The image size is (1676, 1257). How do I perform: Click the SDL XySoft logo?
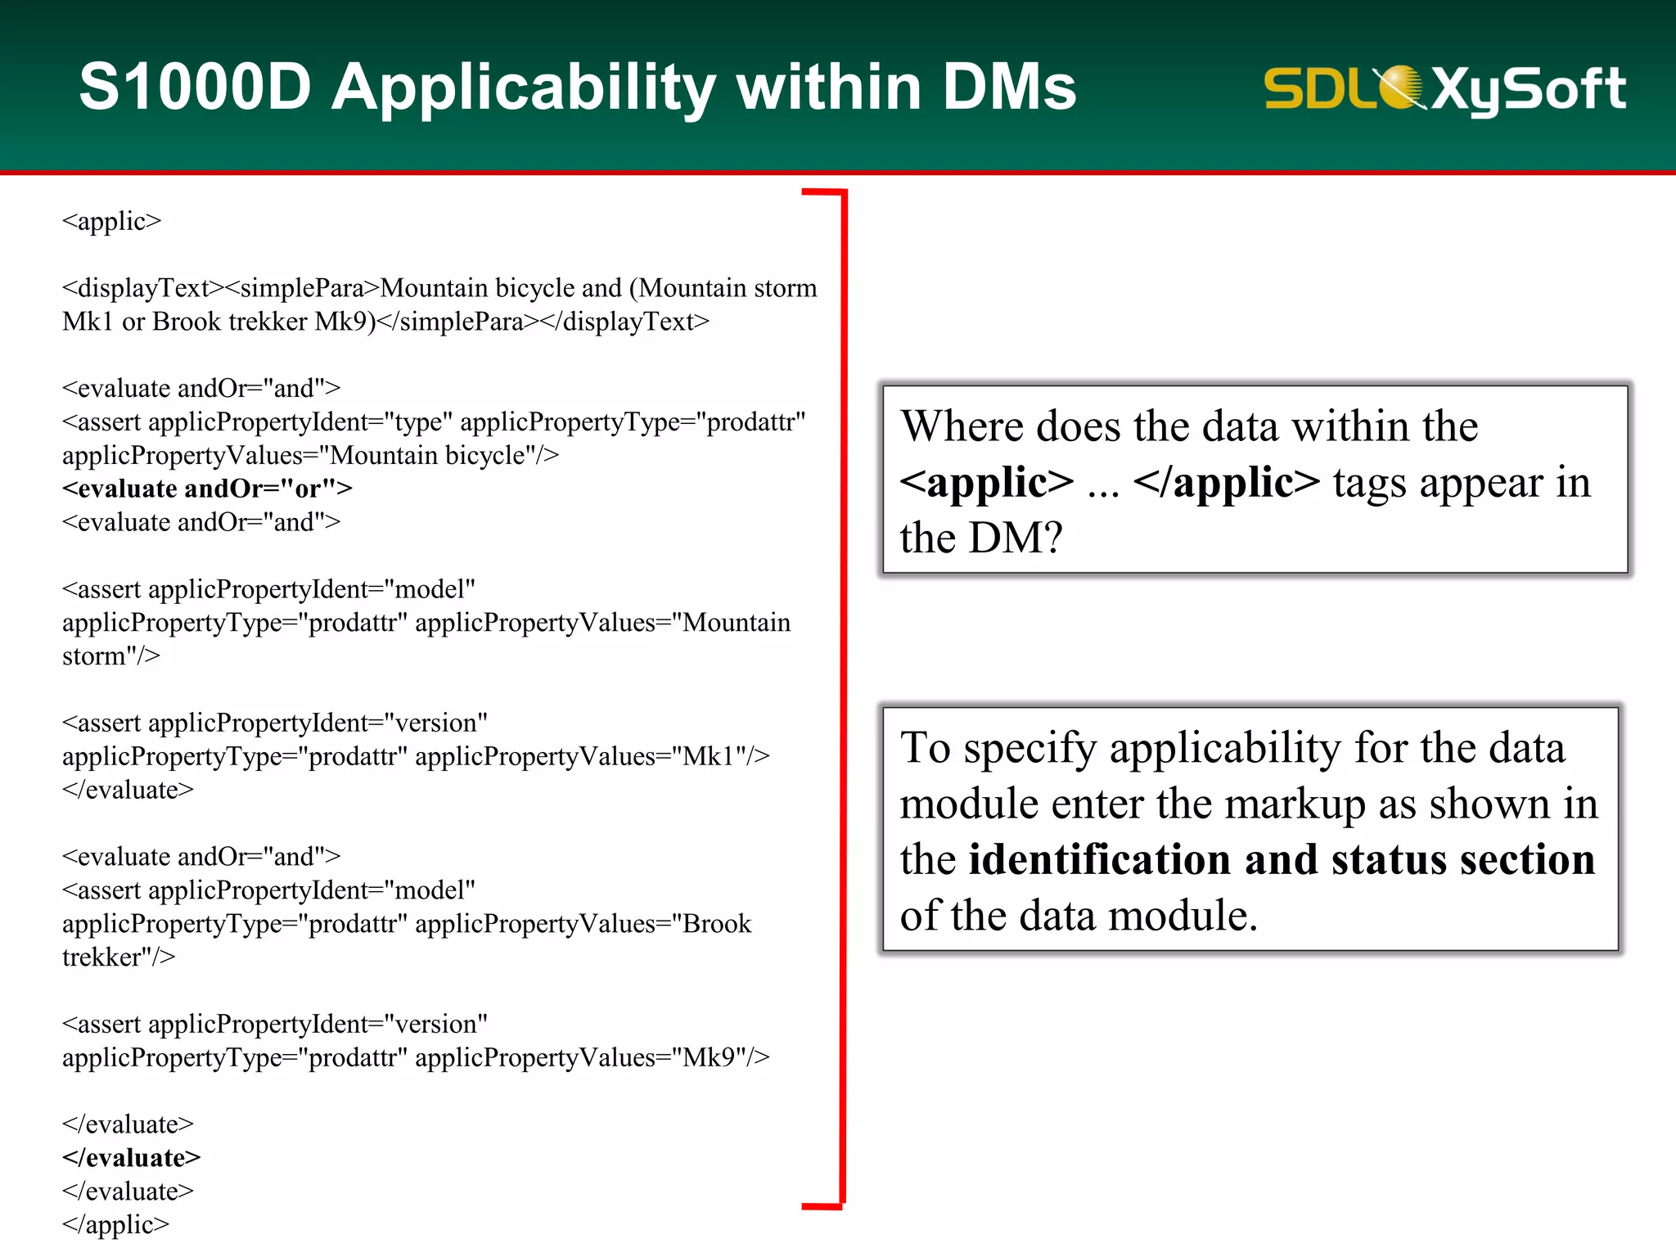tap(1444, 88)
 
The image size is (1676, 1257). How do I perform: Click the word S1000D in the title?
tap(195, 87)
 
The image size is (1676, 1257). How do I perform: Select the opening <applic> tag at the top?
tap(111, 221)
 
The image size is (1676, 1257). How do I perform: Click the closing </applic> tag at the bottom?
tap(115, 1224)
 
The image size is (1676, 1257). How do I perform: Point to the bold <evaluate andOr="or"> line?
tap(207, 489)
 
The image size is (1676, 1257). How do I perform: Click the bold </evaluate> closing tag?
tap(131, 1158)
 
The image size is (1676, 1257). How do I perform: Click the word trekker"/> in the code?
tap(118, 957)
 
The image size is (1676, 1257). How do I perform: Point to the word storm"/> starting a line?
tap(110, 656)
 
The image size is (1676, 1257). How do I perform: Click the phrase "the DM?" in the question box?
tap(980, 538)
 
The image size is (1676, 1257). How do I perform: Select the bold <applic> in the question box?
tap(986, 482)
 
